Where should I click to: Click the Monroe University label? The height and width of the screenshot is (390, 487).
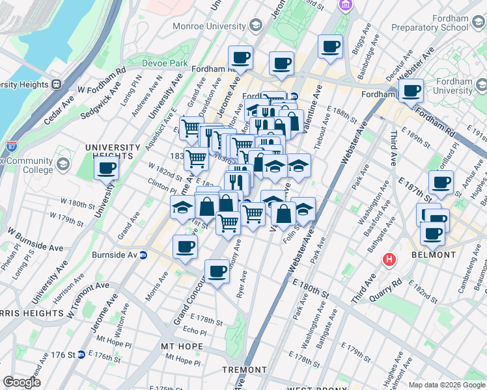[209, 27]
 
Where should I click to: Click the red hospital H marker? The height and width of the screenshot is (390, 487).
[389, 259]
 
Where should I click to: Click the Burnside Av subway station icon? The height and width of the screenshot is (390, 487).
[143, 254]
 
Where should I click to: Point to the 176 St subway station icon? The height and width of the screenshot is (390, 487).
[81, 354]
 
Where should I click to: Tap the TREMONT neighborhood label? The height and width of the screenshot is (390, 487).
[244, 370]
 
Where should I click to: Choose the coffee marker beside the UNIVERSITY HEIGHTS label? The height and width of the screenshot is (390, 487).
[107, 168]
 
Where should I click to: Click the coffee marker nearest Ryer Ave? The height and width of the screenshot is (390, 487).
[217, 270]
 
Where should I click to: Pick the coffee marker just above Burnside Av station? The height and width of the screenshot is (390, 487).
[186, 246]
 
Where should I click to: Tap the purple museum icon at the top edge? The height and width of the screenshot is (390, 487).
[345, 5]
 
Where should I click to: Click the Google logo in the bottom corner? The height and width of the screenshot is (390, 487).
[21, 382]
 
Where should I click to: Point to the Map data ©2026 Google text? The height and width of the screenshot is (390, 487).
[446, 385]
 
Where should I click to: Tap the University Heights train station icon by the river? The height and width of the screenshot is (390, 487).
[57, 84]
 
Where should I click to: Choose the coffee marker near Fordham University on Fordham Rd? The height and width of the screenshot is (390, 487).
[411, 90]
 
